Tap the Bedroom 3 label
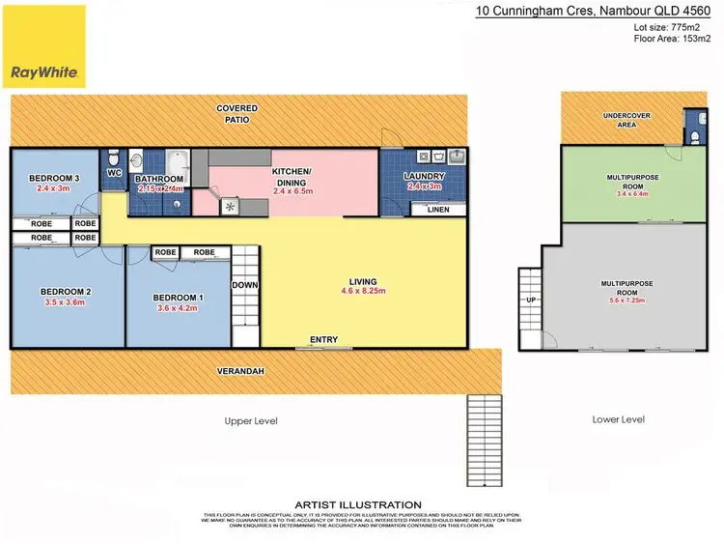coord(54,179)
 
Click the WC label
coord(113,174)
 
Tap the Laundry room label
coord(424,177)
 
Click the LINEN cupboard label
coord(437,210)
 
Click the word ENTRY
coord(323,339)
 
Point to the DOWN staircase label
coord(243,285)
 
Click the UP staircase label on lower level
coord(529,301)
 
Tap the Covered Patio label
coord(233,114)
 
